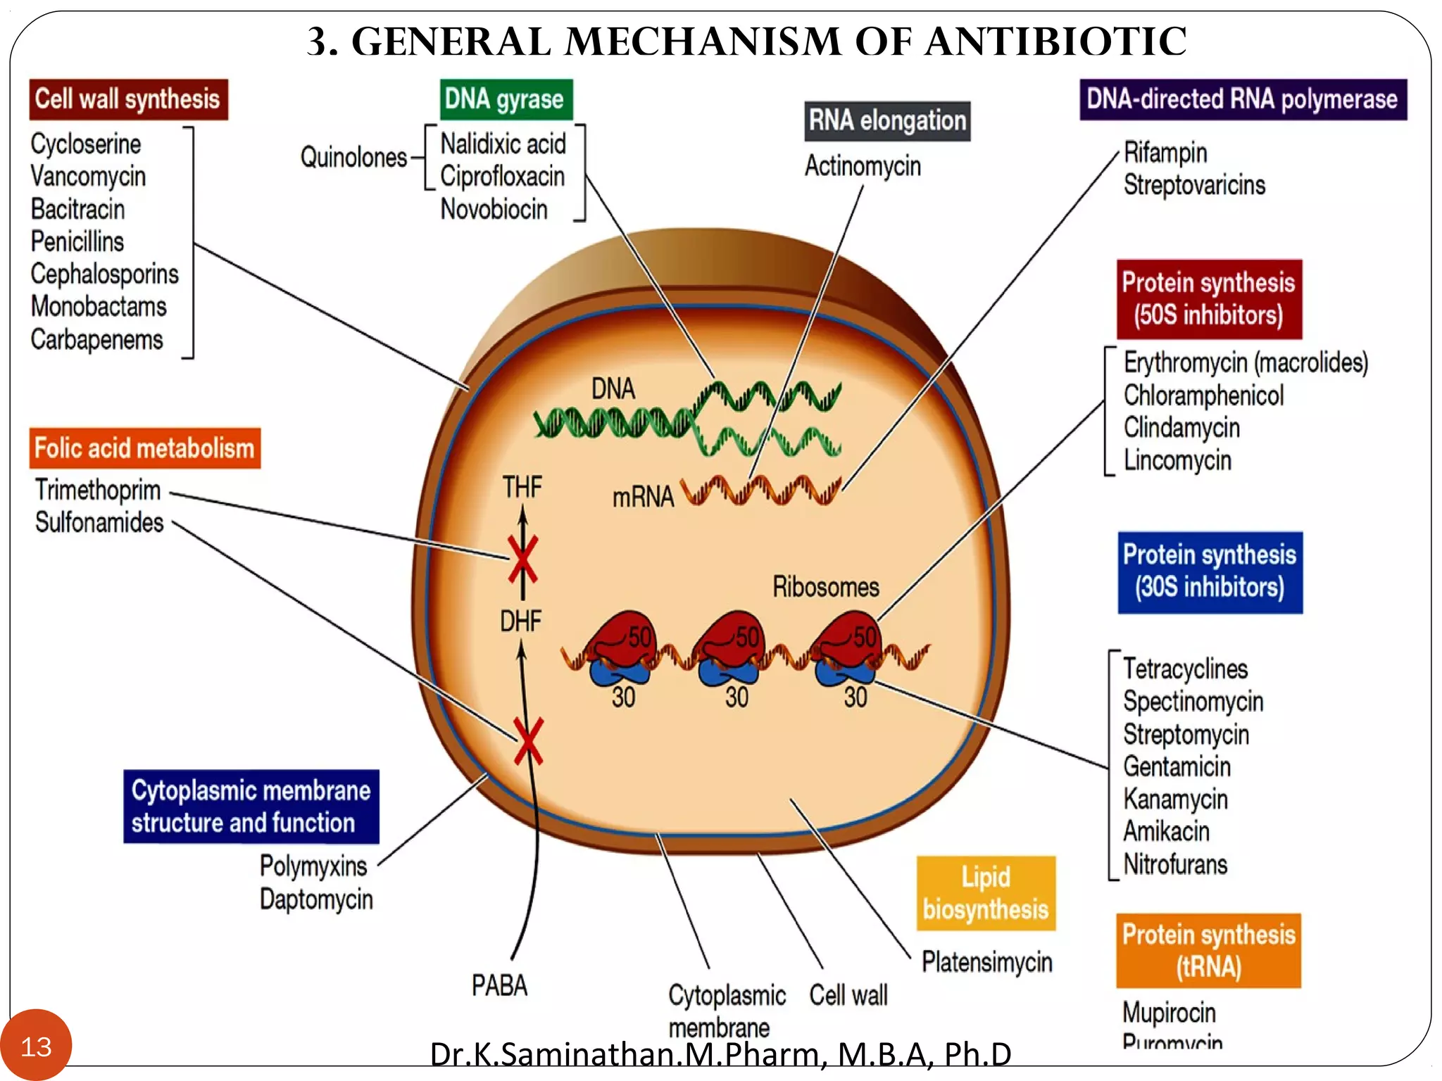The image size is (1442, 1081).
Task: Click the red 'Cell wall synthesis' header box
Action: [x=128, y=99]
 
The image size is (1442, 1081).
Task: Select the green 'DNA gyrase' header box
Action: [x=506, y=99]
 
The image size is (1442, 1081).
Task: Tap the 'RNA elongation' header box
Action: [x=887, y=121]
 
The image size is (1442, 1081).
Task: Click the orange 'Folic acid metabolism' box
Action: [x=144, y=448]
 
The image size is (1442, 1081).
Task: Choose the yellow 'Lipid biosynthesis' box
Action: [x=986, y=893]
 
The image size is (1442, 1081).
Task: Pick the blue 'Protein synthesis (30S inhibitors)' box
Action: [x=1210, y=571]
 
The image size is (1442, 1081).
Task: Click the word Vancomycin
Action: [x=88, y=176]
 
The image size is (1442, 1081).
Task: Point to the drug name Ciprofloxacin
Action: [x=503, y=176]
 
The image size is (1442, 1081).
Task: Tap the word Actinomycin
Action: [x=863, y=166]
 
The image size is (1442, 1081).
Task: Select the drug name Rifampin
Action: [x=1165, y=153]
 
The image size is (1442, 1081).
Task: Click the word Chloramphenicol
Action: [x=1203, y=396]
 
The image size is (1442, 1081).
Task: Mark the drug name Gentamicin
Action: [x=1177, y=766]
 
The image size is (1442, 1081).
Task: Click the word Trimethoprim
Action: [x=98, y=490]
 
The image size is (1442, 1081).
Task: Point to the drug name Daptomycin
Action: [x=316, y=899]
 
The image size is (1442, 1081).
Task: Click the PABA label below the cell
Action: [x=499, y=985]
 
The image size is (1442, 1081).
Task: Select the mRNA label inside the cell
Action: [x=643, y=497]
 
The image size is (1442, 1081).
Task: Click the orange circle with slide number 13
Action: [x=36, y=1046]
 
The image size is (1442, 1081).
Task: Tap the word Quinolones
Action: [x=353, y=157]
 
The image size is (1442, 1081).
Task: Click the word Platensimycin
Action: [x=987, y=962]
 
